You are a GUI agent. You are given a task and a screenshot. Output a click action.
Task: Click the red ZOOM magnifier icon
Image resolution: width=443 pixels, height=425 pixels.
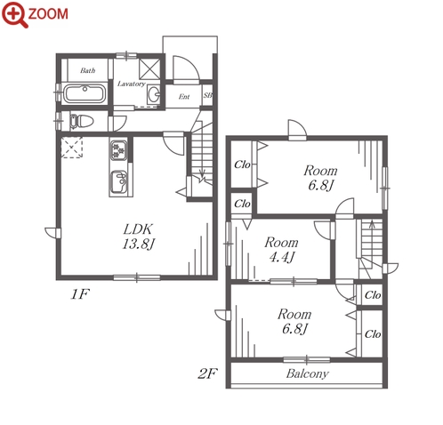pyautogui.click(x=14, y=14)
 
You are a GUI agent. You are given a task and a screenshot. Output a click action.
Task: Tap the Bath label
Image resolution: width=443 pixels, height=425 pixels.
pyautogui.click(x=88, y=70)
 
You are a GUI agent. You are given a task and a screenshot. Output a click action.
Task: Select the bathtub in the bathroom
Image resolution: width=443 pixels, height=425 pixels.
pyautogui.click(x=85, y=93)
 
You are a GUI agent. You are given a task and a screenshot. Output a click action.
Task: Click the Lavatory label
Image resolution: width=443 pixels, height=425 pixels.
pyautogui.click(x=132, y=84)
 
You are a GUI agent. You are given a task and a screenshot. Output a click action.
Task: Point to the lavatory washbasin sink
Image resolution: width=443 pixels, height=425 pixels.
pyautogui.click(x=154, y=94)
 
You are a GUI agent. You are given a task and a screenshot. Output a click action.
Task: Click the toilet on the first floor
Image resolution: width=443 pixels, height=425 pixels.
pyautogui.click(x=81, y=121)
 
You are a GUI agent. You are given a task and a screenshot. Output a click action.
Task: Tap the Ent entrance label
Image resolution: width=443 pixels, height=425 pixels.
pyautogui.click(x=184, y=97)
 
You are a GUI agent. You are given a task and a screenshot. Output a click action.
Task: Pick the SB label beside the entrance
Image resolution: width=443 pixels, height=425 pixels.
pyautogui.click(x=207, y=95)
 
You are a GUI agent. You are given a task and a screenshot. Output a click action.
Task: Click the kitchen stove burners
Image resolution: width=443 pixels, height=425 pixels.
pyautogui.click(x=118, y=150)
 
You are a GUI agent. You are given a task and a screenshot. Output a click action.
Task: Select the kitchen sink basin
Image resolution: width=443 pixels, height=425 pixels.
pyautogui.click(x=119, y=181)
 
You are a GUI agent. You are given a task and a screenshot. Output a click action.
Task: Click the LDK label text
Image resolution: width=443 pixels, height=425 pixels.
pyautogui.click(x=138, y=229)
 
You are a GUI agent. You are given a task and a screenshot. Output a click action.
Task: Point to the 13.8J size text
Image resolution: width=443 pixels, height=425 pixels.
pyautogui.click(x=139, y=244)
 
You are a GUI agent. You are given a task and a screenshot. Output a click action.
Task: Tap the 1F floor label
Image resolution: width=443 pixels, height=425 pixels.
pyautogui.click(x=80, y=294)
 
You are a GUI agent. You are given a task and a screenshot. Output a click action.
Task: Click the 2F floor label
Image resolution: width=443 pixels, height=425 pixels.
pyautogui.click(x=208, y=373)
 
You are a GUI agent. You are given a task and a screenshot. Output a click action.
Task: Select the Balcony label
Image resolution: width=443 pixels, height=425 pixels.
pyautogui.click(x=308, y=373)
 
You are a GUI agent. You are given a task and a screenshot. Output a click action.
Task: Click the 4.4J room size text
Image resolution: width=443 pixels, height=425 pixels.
pyautogui.click(x=281, y=257)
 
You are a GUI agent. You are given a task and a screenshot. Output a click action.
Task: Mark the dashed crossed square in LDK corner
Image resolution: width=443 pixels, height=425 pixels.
pyautogui.click(x=71, y=148)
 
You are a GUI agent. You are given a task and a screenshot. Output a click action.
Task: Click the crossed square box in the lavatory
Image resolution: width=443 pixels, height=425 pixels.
pyautogui.click(x=149, y=68)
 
